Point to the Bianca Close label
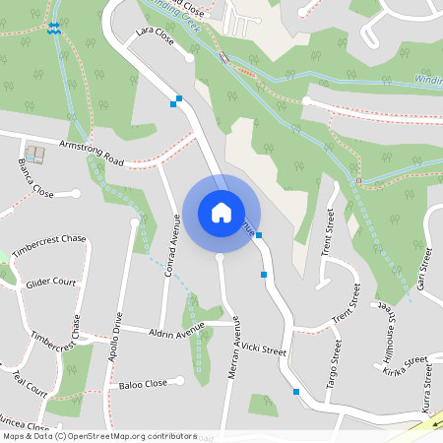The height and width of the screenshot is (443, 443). click(x=36, y=176)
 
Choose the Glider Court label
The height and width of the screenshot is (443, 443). click(x=51, y=283)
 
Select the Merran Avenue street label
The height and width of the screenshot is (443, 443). click(x=235, y=363)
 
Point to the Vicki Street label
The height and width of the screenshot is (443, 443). click(x=263, y=349)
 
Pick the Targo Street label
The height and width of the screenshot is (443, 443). click(x=335, y=364)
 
